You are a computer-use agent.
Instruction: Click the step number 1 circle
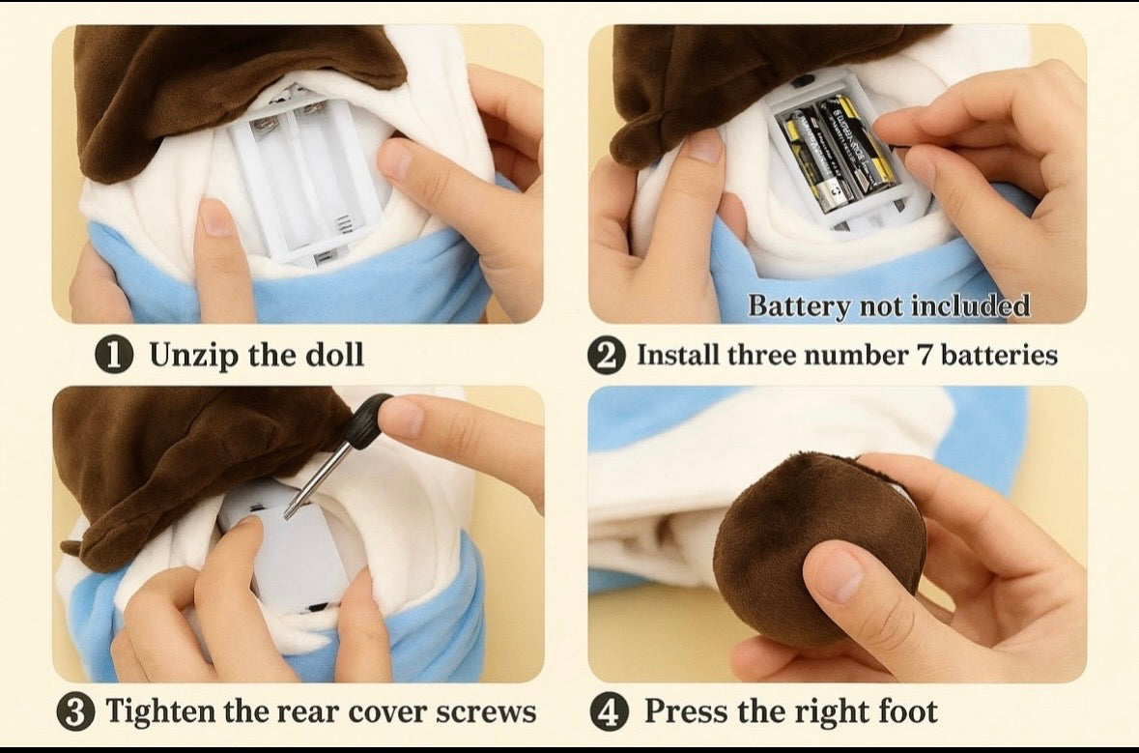[x=114, y=355]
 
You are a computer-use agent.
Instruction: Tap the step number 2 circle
[x=607, y=356]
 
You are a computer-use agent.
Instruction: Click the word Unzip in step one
[x=194, y=356]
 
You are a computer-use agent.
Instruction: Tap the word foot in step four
[x=908, y=710]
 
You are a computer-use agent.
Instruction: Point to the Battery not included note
[x=889, y=305]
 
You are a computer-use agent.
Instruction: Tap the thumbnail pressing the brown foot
[x=838, y=575]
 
